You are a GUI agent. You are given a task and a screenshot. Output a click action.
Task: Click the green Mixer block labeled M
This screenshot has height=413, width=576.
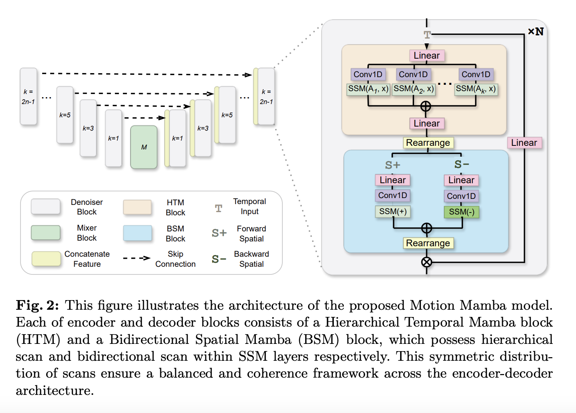pyautogui.click(x=144, y=147)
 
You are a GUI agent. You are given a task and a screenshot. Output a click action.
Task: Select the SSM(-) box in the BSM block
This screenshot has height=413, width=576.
pyautogui.click(x=462, y=212)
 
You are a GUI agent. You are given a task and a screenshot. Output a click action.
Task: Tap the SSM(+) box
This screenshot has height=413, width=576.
pyautogui.click(x=393, y=211)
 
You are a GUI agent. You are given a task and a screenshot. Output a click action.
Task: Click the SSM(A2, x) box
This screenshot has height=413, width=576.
pyautogui.click(x=413, y=89)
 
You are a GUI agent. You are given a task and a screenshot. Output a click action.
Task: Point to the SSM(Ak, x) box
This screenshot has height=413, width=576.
pyautogui.click(x=476, y=89)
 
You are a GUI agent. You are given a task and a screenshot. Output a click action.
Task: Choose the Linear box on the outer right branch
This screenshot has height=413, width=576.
pyautogui.click(x=524, y=143)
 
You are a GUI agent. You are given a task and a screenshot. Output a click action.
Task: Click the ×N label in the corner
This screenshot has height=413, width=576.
pyautogui.click(x=535, y=31)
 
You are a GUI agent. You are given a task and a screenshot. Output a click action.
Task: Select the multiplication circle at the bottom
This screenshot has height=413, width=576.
pyautogui.click(x=427, y=262)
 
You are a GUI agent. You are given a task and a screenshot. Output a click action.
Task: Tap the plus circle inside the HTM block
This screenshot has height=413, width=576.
pyautogui.click(x=426, y=106)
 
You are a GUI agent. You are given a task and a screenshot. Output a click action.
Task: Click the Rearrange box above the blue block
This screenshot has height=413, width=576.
pyautogui.click(x=428, y=143)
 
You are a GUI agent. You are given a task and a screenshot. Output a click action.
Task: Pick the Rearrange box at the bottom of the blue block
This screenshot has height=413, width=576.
pyautogui.click(x=428, y=243)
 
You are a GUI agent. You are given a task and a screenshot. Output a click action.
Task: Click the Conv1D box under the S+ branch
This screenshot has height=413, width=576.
pyautogui.click(x=392, y=195)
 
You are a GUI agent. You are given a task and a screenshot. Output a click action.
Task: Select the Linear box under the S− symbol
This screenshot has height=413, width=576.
pyautogui.click(x=461, y=180)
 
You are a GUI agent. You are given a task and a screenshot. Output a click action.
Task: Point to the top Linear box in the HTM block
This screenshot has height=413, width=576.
pyautogui.click(x=427, y=55)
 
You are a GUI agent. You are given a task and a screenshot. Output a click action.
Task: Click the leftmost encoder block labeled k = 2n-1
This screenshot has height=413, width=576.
pyautogui.click(x=29, y=96)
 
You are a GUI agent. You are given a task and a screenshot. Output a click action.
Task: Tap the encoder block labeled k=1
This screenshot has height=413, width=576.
pyautogui.click(x=113, y=138)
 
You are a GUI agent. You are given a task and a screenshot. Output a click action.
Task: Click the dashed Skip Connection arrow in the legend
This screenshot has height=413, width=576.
pyautogui.click(x=137, y=258)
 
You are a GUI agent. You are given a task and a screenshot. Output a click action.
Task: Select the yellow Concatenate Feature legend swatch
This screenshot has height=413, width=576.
pyautogui.click(x=46, y=259)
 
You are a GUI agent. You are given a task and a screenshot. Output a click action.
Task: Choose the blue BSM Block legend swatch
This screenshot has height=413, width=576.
pyautogui.click(x=138, y=233)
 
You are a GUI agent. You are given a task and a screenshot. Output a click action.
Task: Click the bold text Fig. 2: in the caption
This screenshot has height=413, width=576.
pyautogui.click(x=37, y=305)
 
